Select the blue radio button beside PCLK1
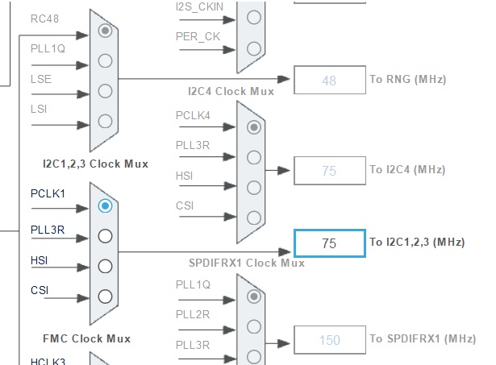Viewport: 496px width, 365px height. point(105,205)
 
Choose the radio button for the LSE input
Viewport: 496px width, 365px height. point(105,91)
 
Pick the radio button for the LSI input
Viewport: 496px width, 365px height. point(105,121)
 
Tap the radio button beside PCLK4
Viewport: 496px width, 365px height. point(254,127)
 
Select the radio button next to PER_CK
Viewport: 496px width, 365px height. point(254,47)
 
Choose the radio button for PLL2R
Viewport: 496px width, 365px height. point(254,326)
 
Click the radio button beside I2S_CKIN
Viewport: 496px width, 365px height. point(254,17)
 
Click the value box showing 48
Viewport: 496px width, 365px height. point(329,81)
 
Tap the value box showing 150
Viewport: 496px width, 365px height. point(329,340)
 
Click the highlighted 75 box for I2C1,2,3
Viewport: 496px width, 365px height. point(329,243)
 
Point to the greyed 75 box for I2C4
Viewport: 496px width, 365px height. point(329,170)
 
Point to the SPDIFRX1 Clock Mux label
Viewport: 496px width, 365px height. point(246,263)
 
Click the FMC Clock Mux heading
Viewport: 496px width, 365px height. point(86,338)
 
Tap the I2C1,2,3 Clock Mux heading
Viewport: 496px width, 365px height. point(95,164)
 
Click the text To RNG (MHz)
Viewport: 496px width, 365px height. point(407,79)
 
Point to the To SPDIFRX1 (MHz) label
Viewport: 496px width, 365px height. point(423,338)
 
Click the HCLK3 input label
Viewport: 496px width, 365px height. point(48,360)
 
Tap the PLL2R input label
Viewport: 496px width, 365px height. point(193,314)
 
